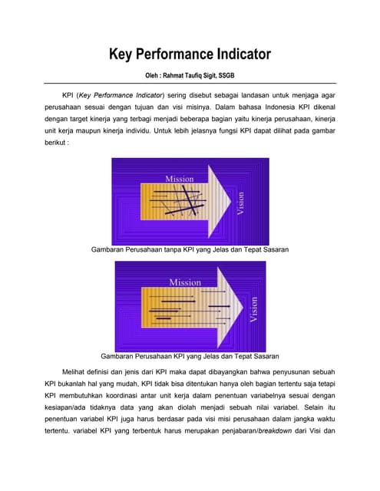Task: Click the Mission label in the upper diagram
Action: coord(180,179)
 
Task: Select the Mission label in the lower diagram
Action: coord(185,282)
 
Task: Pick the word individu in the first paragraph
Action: coord(168,130)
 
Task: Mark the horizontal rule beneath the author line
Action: coord(190,83)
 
